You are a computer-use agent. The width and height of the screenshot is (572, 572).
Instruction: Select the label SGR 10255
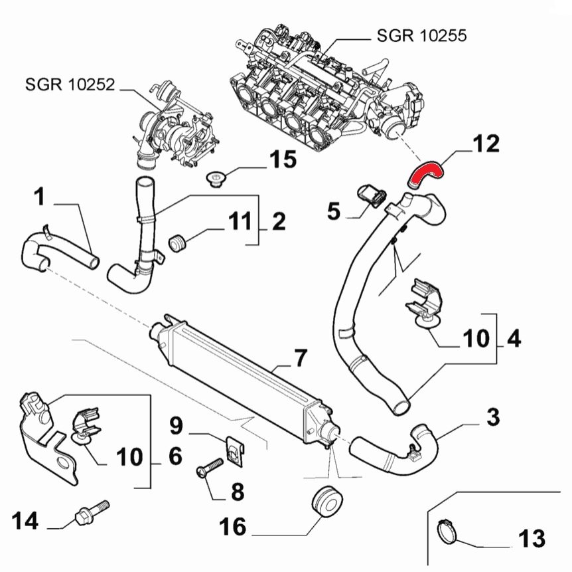(x=421, y=35)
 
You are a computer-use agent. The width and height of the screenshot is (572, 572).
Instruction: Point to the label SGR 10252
(x=70, y=84)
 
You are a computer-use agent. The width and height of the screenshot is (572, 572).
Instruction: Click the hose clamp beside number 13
(x=447, y=532)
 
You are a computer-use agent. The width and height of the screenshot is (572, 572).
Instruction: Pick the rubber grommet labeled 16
(x=327, y=502)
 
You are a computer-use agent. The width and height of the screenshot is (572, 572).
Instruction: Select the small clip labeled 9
(x=235, y=450)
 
